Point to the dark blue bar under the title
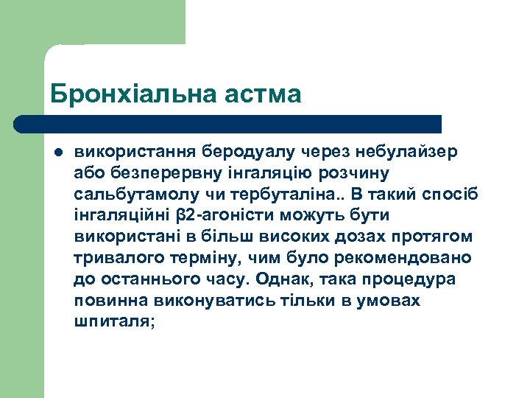(x=228, y=124)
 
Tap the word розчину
(x=358, y=173)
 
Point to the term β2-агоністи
(x=219, y=216)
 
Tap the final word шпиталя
(x=113, y=323)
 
